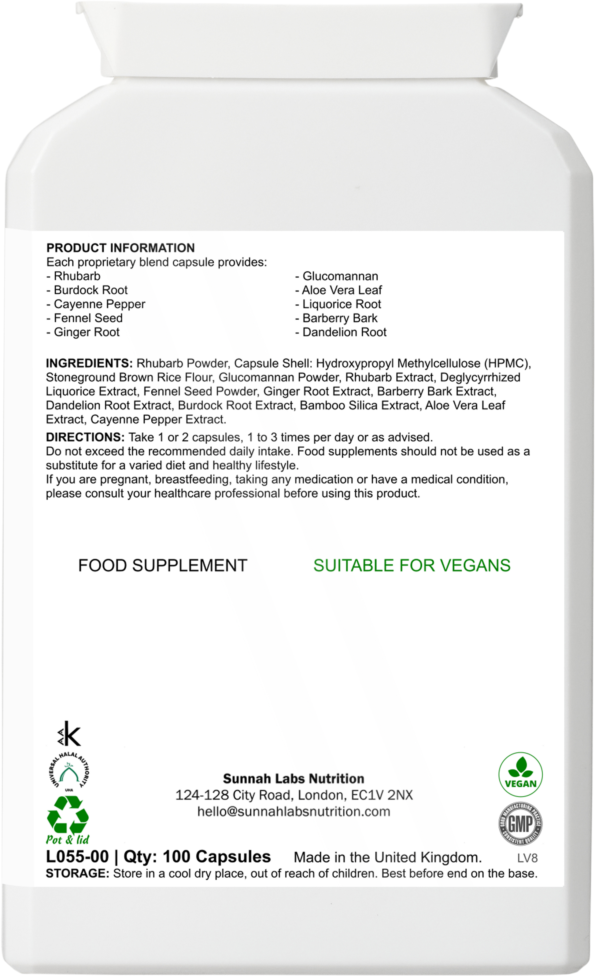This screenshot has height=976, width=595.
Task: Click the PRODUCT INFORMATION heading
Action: click(120, 248)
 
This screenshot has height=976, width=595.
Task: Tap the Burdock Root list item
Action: click(91, 290)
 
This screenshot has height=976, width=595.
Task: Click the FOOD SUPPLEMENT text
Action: click(163, 565)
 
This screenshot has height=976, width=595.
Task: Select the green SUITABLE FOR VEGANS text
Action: click(412, 565)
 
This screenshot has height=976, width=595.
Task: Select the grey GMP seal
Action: click(520, 825)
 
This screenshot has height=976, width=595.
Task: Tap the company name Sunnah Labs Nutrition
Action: click(293, 779)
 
